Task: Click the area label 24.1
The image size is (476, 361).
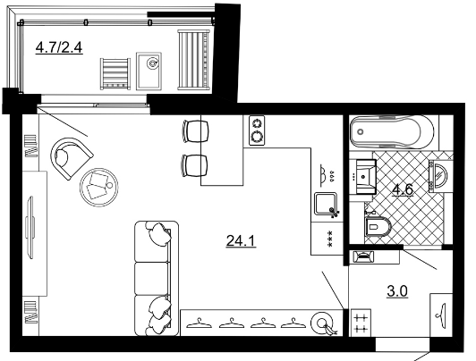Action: tap(241, 241)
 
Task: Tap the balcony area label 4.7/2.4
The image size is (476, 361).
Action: tap(59, 47)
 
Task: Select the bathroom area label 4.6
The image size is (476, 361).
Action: tap(403, 189)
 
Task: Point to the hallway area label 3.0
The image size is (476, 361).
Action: tap(397, 291)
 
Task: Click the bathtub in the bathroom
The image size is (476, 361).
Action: tap(392, 131)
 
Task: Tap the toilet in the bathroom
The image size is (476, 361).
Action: tap(378, 226)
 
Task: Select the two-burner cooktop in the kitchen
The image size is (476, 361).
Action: tap(257, 130)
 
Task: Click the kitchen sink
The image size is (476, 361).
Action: tap(326, 204)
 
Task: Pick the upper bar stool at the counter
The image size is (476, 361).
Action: tap(196, 131)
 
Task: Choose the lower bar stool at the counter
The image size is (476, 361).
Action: tap(195, 165)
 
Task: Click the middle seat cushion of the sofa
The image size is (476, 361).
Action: tap(151, 279)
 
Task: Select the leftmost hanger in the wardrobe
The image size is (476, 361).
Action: tap(199, 323)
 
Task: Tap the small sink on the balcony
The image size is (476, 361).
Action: tap(149, 71)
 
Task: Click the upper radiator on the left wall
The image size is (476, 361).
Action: tap(31, 146)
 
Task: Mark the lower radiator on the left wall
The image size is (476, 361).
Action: tap(31, 312)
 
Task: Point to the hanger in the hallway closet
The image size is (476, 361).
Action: tap(441, 315)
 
